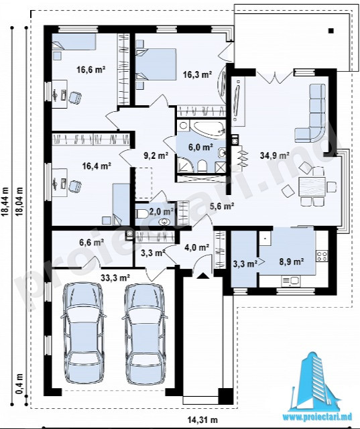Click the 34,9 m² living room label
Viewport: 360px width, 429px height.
[x=275, y=156]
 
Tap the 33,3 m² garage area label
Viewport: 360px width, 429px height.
[x=115, y=278]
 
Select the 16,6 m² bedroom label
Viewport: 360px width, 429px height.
[x=91, y=70]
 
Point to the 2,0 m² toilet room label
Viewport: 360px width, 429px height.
[x=162, y=211]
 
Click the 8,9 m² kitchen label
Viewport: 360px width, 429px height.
[x=292, y=261]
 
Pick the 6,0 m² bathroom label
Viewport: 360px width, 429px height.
[x=201, y=147]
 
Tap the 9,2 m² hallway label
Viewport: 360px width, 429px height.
[x=156, y=156]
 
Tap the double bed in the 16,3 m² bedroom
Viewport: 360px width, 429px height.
[x=156, y=64]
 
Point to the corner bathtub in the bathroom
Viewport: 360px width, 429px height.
[x=208, y=128]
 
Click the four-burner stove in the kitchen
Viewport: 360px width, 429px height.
[x=322, y=256]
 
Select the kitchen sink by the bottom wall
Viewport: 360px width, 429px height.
[x=291, y=281]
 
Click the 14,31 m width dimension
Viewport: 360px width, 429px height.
[x=202, y=419]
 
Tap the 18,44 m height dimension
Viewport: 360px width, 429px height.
[x=5, y=201]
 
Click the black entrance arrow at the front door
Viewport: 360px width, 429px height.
[x=202, y=275]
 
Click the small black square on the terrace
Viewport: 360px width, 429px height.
[x=331, y=31]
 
